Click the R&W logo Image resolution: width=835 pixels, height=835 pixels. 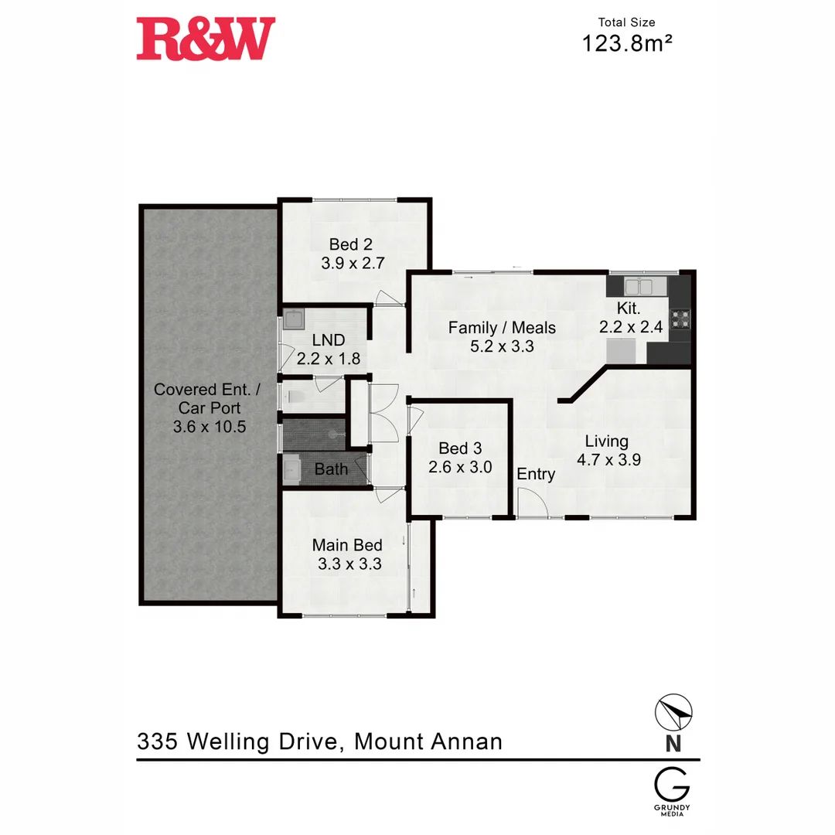206,39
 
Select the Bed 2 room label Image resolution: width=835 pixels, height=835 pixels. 349,244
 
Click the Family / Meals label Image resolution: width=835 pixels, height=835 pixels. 502,328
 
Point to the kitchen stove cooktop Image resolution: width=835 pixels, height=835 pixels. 680,319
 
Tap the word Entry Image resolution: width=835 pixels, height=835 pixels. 536,474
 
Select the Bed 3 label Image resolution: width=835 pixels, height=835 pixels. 453,448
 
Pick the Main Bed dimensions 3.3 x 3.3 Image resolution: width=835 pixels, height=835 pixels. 349,564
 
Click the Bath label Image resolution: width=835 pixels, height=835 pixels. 331,469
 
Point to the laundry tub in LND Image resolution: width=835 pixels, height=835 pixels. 293,318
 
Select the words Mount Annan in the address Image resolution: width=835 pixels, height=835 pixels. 428,742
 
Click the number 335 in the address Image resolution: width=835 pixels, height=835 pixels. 158,742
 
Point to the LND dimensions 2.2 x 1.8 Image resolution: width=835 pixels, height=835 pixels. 329,359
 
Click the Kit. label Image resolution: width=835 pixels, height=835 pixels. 629,309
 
